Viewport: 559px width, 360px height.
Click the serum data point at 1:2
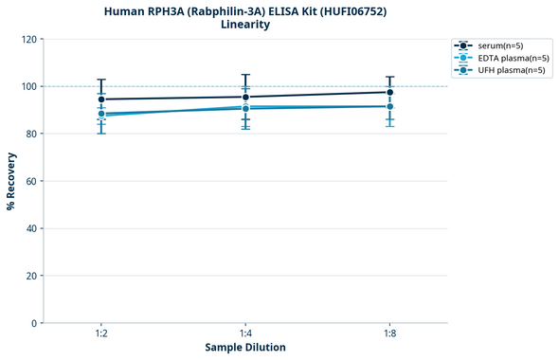click(101, 99)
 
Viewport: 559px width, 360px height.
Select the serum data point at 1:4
click(245, 97)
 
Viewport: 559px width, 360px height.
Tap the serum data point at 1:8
click(389, 92)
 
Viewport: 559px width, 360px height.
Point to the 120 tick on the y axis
click(27, 39)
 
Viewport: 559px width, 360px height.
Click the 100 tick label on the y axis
click(27, 86)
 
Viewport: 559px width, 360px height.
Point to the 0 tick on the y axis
click(32, 323)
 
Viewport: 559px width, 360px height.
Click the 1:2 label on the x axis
click(101, 334)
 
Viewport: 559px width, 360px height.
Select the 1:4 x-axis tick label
click(245, 334)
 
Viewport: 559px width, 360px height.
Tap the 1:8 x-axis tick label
click(389, 334)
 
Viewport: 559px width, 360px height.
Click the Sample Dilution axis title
click(245, 348)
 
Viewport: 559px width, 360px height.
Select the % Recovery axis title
click(11, 180)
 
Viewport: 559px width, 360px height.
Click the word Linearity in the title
click(244, 25)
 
